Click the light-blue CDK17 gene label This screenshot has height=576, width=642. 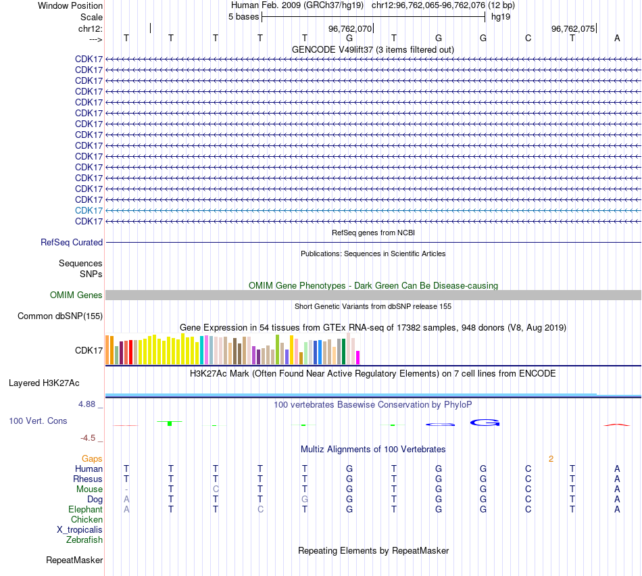(x=89, y=210)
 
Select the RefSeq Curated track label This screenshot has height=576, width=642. (x=72, y=242)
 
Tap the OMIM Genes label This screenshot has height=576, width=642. (x=76, y=295)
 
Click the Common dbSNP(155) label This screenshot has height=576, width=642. (x=60, y=316)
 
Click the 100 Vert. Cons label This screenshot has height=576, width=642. (x=38, y=421)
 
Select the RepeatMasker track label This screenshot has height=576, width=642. (x=74, y=560)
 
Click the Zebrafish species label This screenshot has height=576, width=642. (x=84, y=539)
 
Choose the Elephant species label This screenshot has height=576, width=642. (x=85, y=509)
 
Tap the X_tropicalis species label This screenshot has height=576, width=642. (x=80, y=529)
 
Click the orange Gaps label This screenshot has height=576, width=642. (x=92, y=458)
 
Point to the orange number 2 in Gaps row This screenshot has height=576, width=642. (x=551, y=458)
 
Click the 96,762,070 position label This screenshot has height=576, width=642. (x=349, y=29)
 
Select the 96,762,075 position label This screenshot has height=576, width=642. (x=573, y=29)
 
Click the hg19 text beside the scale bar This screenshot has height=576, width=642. (x=501, y=16)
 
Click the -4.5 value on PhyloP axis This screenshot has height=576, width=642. (x=91, y=437)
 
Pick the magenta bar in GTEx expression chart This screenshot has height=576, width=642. (x=358, y=358)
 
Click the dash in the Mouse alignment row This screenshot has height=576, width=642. (x=126, y=489)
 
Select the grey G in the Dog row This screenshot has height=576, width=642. (x=305, y=499)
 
